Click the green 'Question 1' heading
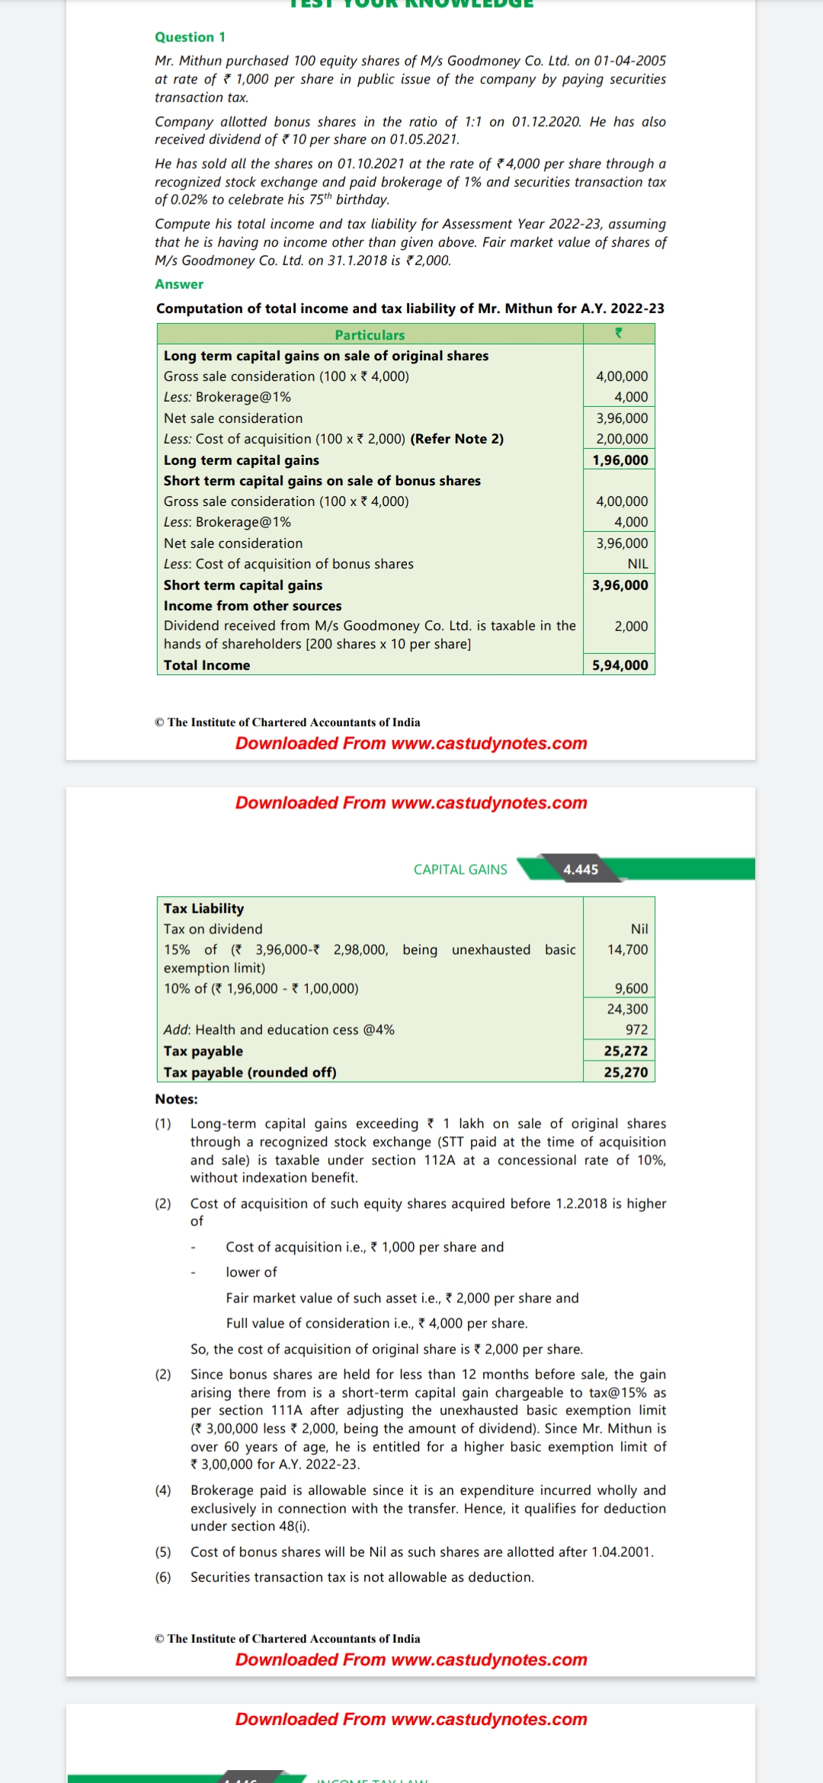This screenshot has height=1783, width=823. click(x=190, y=37)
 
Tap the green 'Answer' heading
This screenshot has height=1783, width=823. click(x=179, y=284)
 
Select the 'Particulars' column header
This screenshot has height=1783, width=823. click(x=370, y=335)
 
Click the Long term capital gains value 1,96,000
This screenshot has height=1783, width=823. click(x=620, y=460)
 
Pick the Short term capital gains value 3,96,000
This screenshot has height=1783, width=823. click(x=620, y=585)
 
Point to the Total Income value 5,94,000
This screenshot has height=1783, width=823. click(x=620, y=665)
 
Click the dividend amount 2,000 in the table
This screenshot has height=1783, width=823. click(x=631, y=626)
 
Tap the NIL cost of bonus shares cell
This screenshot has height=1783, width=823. click(x=638, y=564)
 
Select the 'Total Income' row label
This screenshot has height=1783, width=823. click(x=207, y=665)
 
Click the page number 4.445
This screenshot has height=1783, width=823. click(x=581, y=869)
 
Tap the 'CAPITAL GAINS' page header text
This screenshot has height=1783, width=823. click(x=460, y=869)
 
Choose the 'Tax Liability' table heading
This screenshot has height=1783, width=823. click(x=203, y=908)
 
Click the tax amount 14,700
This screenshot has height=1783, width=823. click(x=627, y=950)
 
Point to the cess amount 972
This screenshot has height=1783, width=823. click(x=636, y=1029)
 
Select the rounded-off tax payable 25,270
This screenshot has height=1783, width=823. click(x=626, y=1072)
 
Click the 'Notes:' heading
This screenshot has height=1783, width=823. click(x=176, y=1099)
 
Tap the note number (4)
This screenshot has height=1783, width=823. click(x=163, y=1490)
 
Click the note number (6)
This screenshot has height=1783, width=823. click(x=163, y=1577)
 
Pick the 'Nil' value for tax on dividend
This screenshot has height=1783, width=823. click(x=639, y=929)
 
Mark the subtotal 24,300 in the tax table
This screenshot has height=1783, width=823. click(x=627, y=1009)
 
